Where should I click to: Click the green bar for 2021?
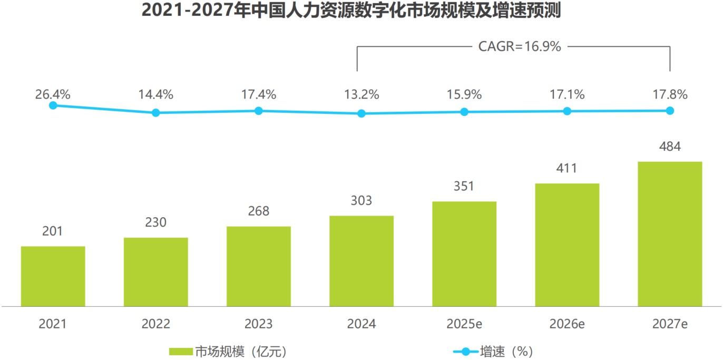(x=53, y=276)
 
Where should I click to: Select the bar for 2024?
(x=361, y=261)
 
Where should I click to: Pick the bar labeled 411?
(x=567, y=245)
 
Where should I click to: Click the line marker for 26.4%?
(x=53, y=105)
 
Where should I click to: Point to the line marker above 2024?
(x=361, y=113)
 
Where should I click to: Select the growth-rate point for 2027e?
(x=670, y=111)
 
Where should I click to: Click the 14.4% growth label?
(x=155, y=95)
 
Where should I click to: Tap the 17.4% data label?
(x=258, y=95)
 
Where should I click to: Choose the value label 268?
(x=258, y=211)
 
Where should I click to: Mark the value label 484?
(x=670, y=147)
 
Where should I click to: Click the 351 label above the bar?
(x=464, y=187)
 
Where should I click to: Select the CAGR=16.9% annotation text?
(x=519, y=46)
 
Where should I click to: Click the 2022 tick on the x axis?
(x=155, y=324)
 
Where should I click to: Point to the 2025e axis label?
(x=464, y=324)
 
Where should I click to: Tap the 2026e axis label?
(x=567, y=324)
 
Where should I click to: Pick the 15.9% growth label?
(x=464, y=95)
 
